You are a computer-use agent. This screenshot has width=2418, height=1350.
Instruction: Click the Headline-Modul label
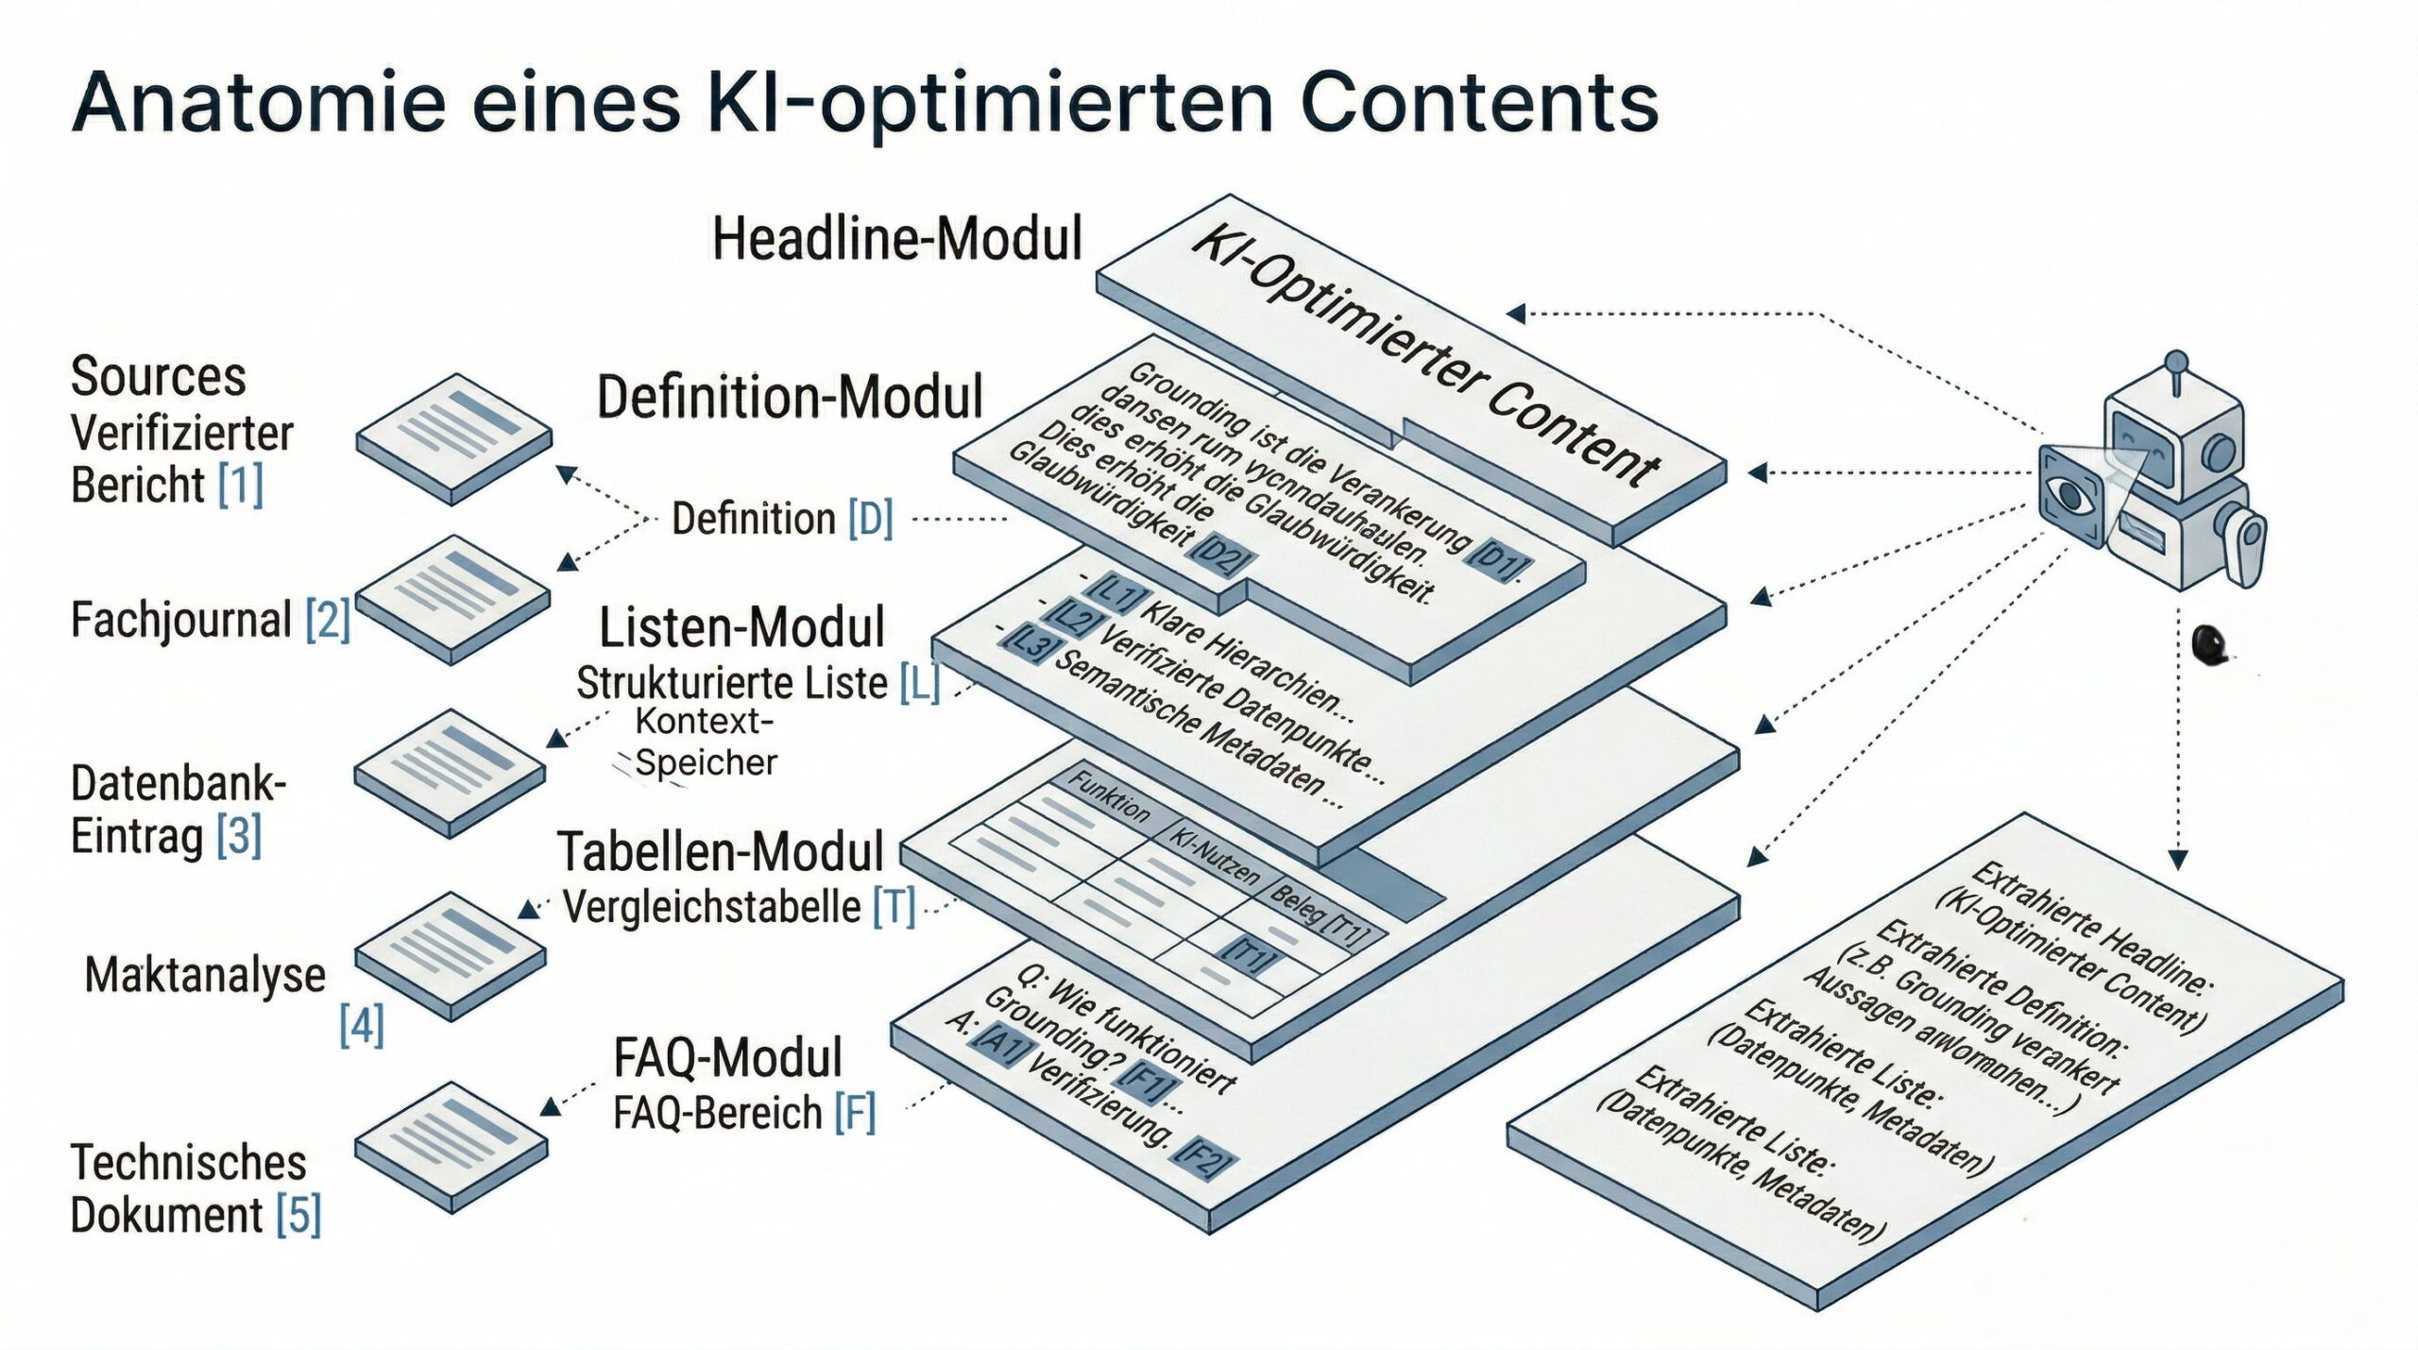(x=896, y=238)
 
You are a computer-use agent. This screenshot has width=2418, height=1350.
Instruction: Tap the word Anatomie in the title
(x=258, y=102)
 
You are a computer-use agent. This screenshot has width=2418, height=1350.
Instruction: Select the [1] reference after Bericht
(x=240, y=485)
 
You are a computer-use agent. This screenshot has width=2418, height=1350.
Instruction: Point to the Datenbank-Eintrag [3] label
(x=177, y=810)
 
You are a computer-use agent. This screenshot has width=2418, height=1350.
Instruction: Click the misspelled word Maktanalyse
(x=205, y=974)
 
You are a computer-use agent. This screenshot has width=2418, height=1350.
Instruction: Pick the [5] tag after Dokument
(x=298, y=1215)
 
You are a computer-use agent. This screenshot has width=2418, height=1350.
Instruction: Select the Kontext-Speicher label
(x=705, y=742)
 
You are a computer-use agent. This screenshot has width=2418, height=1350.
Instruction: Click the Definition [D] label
(x=781, y=519)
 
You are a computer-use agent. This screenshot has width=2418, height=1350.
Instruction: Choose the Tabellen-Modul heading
(x=720, y=851)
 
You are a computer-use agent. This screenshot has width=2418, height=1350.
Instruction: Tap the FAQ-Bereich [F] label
(x=744, y=1113)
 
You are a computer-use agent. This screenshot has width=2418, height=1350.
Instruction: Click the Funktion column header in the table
(x=1109, y=795)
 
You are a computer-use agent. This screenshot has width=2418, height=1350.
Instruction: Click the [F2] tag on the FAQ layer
(x=1204, y=1156)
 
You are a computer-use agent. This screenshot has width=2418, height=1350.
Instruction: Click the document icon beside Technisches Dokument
(x=452, y=1146)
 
